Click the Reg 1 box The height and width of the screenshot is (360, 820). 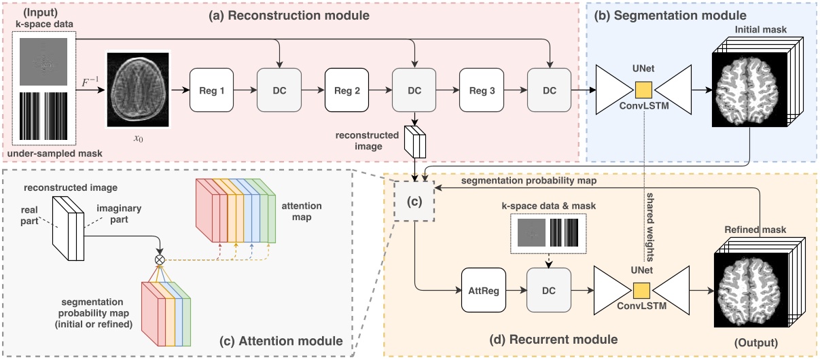tap(211, 90)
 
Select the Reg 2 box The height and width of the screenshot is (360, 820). tap(346, 90)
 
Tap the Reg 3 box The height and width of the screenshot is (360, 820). tap(482, 90)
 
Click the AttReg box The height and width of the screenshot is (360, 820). tap(484, 290)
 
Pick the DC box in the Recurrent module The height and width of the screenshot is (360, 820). tap(549, 290)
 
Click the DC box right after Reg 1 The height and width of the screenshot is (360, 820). tap(279, 90)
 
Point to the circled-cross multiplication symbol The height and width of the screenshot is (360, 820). tap(160, 259)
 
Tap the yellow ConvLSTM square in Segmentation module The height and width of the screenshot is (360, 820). tap(643, 90)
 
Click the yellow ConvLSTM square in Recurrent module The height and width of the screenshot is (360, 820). tap(641, 291)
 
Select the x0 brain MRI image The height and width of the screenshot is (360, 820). tap(138, 90)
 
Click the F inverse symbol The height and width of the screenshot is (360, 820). tap(90, 82)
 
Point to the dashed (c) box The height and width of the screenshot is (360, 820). tap(414, 201)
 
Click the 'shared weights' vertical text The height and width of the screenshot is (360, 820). tap(649, 227)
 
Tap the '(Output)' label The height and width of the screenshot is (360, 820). tap(756, 343)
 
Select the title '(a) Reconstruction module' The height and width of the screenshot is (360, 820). tap(289, 16)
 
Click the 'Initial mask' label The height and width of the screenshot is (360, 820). tap(761, 29)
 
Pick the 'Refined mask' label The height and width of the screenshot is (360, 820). tap(755, 230)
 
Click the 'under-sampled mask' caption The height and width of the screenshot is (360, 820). tap(54, 154)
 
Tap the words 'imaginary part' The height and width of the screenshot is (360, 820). tap(119, 214)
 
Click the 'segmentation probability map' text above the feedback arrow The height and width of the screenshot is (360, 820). tap(529, 181)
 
